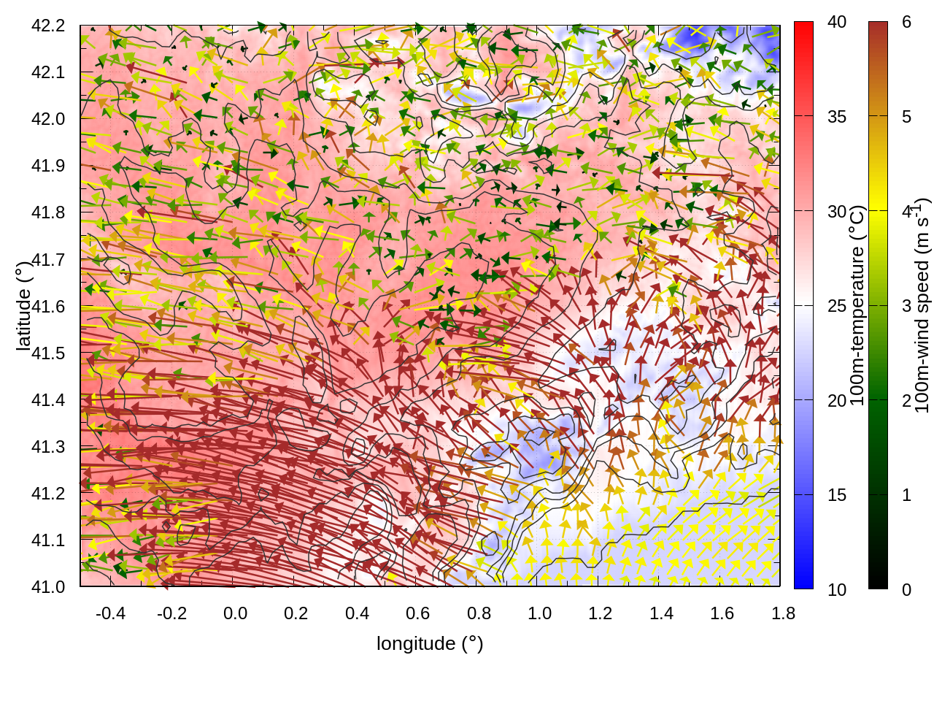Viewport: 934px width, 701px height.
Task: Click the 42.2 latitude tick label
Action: pyautogui.click(x=48, y=26)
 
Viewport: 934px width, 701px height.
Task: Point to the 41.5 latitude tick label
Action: pyautogui.click(x=48, y=353)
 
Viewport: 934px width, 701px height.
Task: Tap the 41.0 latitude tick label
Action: pyautogui.click(x=48, y=587)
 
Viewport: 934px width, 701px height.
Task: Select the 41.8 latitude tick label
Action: pyautogui.click(x=48, y=212)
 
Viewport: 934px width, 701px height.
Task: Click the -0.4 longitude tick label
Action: pyautogui.click(x=110, y=613)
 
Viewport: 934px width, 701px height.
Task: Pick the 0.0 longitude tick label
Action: pyautogui.click(x=235, y=613)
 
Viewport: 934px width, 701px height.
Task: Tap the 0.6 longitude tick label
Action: pyautogui.click(x=417, y=613)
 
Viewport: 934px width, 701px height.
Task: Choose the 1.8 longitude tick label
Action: pyautogui.click(x=783, y=613)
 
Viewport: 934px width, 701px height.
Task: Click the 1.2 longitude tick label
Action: pyautogui.click(x=601, y=613)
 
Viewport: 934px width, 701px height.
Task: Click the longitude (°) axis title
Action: pyautogui.click(x=430, y=643)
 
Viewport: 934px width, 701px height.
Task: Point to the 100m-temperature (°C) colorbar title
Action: pyautogui.click(x=857, y=305)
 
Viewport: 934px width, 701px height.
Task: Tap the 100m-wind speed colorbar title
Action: pyautogui.click(x=922, y=305)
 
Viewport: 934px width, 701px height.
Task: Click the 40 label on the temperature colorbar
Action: pyautogui.click(x=837, y=23)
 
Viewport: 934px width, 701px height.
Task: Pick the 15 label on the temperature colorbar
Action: pyautogui.click(x=837, y=495)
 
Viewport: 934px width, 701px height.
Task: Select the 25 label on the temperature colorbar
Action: pyautogui.click(x=837, y=306)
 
